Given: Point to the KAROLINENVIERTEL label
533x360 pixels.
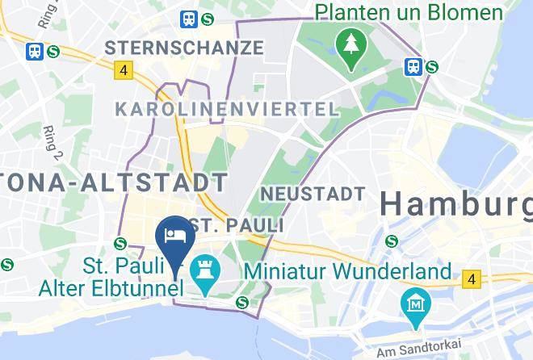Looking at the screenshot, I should point(226,109).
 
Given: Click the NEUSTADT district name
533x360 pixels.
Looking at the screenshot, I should point(313,194).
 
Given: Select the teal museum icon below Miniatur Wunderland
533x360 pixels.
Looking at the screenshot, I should point(415,304).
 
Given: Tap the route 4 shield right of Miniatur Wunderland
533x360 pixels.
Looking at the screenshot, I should point(472,279).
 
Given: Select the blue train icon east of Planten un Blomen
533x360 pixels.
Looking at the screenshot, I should point(414,66).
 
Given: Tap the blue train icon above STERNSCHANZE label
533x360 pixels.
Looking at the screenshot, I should point(191,17).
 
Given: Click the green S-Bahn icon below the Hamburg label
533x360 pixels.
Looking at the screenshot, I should point(392,241).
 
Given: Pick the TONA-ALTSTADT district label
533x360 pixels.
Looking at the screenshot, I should point(113,182).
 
